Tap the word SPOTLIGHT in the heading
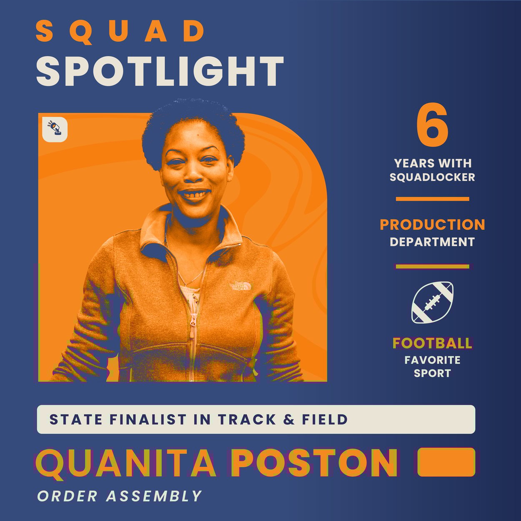tap(160, 71)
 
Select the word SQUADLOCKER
tap(432, 177)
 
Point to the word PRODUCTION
tap(432, 225)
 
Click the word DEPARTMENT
tap(432, 242)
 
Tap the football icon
tap(432, 302)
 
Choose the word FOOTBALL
tap(432, 343)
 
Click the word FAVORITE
tap(432, 360)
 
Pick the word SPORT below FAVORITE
tap(432, 373)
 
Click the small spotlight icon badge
tap(55, 129)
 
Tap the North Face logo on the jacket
tap(242, 286)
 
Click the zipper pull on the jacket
tap(193, 321)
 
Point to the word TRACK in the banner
tap(247, 419)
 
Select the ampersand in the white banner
tap(289, 419)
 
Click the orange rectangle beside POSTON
tap(446, 462)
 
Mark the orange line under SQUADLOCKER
tap(432, 199)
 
